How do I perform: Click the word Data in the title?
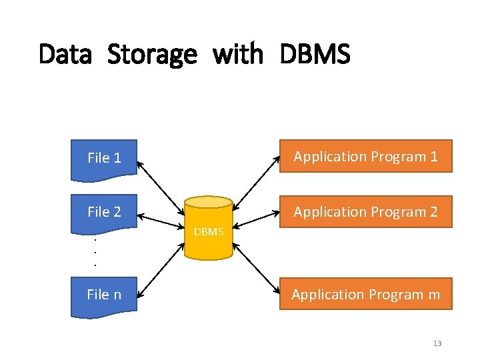(65, 54)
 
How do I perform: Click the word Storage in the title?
(152, 54)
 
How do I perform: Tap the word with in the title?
(238, 54)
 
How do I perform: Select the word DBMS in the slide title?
(315, 54)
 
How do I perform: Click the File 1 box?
(104, 158)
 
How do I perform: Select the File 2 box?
(104, 212)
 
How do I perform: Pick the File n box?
(104, 294)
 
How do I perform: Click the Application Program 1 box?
(365, 157)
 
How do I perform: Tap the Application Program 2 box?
(365, 212)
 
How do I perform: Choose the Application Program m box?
(365, 294)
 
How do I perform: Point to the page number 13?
(437, 343)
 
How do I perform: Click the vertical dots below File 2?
(95, 251)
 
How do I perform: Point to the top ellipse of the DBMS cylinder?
(209, 203)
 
